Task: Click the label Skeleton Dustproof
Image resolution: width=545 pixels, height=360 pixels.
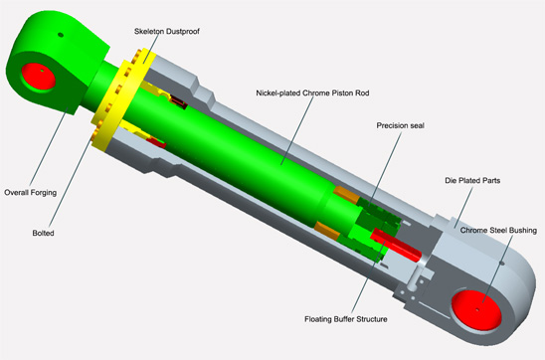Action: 167,31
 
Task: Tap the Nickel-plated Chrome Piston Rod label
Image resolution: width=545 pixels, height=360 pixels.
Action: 312,93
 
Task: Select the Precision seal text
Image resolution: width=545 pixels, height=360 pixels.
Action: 401,125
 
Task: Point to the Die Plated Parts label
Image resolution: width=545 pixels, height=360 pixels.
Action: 472,181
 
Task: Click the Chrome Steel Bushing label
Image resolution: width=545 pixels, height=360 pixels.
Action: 498,231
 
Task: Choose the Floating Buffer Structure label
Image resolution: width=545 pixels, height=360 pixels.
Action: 346,319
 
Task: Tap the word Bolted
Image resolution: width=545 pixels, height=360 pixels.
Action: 43,233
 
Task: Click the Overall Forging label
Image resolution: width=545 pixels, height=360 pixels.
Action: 30,193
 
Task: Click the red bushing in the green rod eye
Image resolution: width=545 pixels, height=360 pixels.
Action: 38,77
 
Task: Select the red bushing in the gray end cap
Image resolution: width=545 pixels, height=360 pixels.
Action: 476,309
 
